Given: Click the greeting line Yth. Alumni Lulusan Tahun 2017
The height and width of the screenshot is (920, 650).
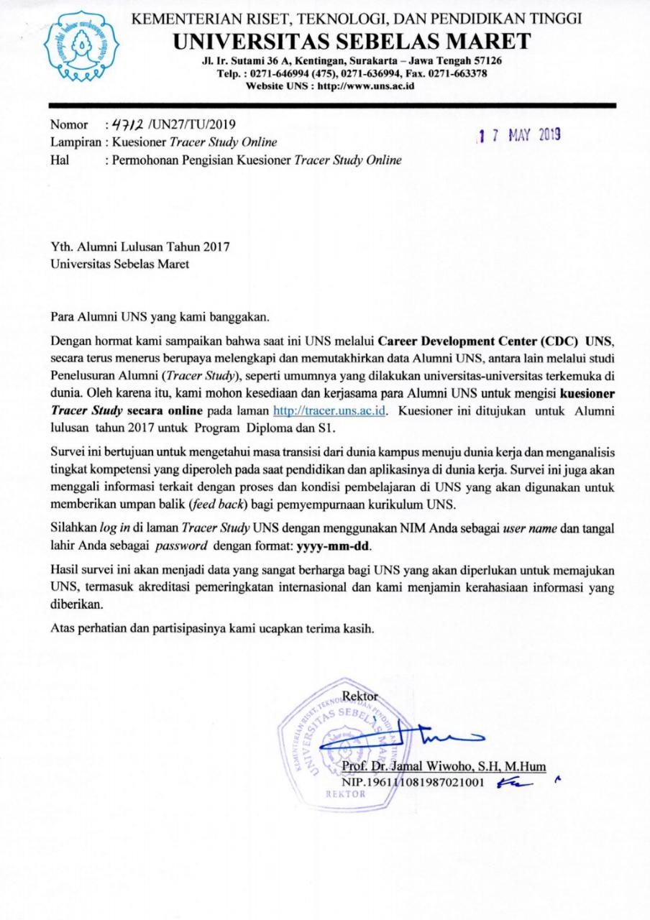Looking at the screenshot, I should point(139,247).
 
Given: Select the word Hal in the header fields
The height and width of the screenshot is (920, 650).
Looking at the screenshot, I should point(60,160).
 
